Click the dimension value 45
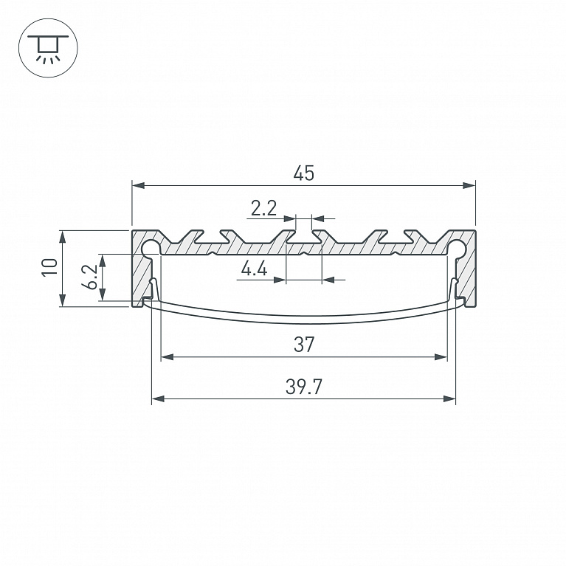[x=304, y=173]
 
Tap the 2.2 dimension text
[x=263, y=208]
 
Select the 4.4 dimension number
[x=254, y=269]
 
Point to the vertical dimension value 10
[x=50, y=267]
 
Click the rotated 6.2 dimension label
[x=89, y=277]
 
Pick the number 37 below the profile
[x=304, y=345]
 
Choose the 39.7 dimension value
[x=303, y=387]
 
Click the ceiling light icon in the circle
[x=48, y=48]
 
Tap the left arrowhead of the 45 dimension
[x=139, y=185]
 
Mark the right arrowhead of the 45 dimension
[x=469, y=185]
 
